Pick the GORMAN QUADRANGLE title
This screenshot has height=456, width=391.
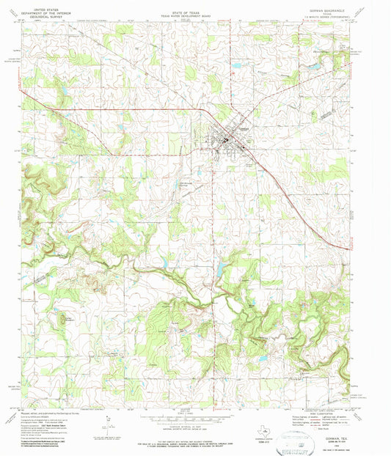338,4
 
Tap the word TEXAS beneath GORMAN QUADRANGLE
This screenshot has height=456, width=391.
338,8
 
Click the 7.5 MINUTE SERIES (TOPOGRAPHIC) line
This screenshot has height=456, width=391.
338,12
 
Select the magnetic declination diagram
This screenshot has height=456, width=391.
110,424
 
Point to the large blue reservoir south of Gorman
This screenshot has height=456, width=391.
218,271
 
